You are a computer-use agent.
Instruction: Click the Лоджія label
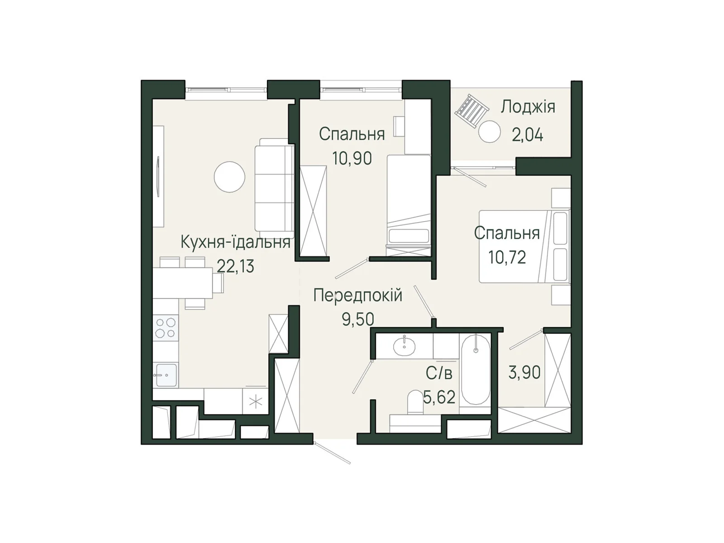pyautogui.click(x=528, y=107)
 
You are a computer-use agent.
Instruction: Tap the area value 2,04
pyautogui.click(x=528, y=135)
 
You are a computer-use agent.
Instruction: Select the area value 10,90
pyautogui.click(x=352, y=158)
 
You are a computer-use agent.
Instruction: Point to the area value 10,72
pyautogui.click(x=507, y=257)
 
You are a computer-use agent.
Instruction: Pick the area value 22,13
pyautogui.click(x=235, y=266)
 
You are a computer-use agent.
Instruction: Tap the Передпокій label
pyautogui.click(x=358, y=295)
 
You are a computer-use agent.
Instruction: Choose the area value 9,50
pyautogui.click(x=358, y=319)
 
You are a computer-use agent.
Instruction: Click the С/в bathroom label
pyautogui.click(x=439, y=373)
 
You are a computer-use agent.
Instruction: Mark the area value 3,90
pyautogui.click(x=524, y=373)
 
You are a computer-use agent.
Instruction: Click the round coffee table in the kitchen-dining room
pyautogui.click(x=229, y=177)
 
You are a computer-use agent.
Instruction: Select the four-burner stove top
pyautogui.click(x=166, y=328)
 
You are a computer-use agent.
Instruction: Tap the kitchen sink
pyautogui.click(x=166, y=375)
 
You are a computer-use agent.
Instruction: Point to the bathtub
pyautogui.click(x=475, y=369)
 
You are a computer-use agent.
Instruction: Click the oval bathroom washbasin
pyautogui.click(x=405, y=346)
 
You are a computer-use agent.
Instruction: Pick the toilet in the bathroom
pyautogui.click(x=415, y=402)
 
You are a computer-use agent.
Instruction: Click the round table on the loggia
pyautogui.click(x=490, y=132)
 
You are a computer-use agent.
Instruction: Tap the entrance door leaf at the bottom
pyautogui.click(x=332, y=452)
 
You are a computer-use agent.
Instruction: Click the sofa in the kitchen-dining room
pyautogui.click(x=274, y=185)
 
